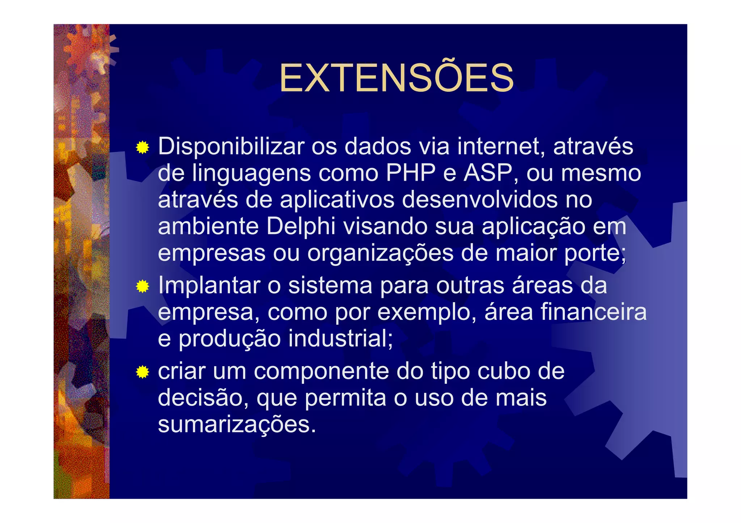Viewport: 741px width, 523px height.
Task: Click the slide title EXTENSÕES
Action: pyautogui.click(x=396, y=78)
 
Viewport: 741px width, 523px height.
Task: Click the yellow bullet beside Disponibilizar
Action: pyautogui.click(x=143, y=147)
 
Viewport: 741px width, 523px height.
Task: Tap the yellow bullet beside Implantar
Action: pyautogui.click(x=143, y=287)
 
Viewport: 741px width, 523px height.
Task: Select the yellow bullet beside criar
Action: pyautogui.click(x=143, y=372)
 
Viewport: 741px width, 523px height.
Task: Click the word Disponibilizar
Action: pyautogui.click(x=231, y=147)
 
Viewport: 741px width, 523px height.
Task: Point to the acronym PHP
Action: pyautogui.click(x=411, y=173)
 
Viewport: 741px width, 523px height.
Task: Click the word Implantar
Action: pyautogui.click(x=209, y=286)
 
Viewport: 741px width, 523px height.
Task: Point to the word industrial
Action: pyautogui.click(x=340, y=339)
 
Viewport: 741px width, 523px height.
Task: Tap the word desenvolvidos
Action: pyautogui.click(x=480, y=200)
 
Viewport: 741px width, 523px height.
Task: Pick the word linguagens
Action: pyautogui.click(x=251, y=174)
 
